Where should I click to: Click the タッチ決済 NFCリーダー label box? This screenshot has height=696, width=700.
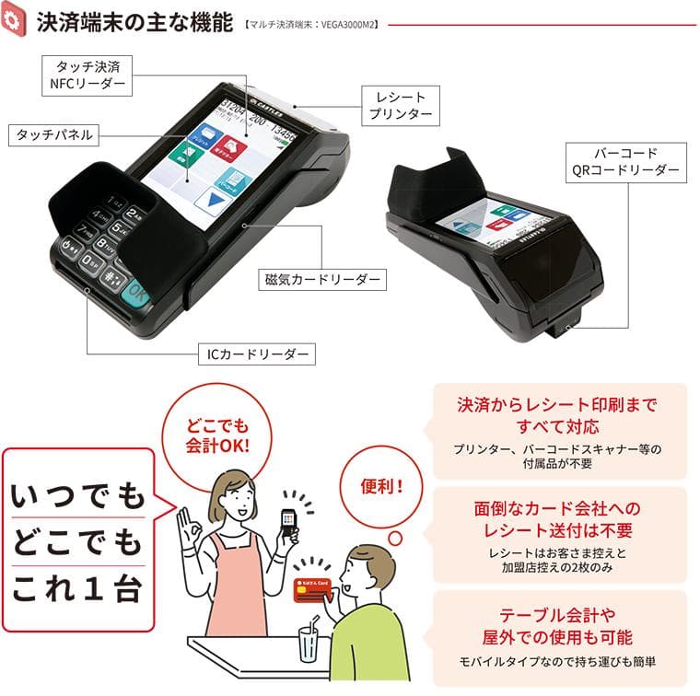tap(87, 75)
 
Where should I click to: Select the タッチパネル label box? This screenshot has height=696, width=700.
tap(53, 135)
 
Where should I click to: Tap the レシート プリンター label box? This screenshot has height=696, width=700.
tap(401, 106)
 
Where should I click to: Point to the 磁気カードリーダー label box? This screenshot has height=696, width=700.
tap(322, 280)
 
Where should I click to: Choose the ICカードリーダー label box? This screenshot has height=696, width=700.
tap(257, 354)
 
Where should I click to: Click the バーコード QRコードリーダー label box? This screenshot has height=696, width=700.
tap(626, 162)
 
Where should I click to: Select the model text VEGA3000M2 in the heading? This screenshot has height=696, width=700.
tap(347, 25)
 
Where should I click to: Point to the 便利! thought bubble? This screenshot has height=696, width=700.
tap(381, 486)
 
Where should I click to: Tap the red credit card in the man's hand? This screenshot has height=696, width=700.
tap(313, 590)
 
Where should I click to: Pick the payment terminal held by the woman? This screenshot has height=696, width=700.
tap(288, 523)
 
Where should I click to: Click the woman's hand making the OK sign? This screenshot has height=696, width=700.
tap(190, 528)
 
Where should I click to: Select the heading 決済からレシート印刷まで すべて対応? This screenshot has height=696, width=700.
tap(557, 416)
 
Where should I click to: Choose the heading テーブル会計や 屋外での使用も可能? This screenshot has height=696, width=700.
tap(557, 626)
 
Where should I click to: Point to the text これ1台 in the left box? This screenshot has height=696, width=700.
tap(77, 588)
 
